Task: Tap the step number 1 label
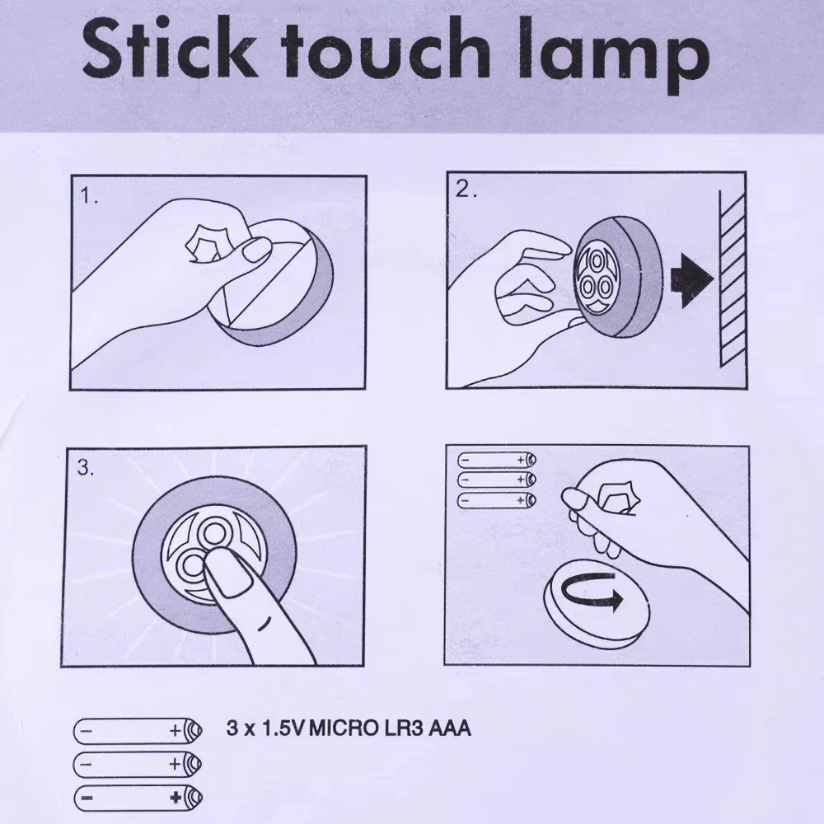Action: [x=89, y=198]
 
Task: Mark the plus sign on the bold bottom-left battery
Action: [x=175, y=797]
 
